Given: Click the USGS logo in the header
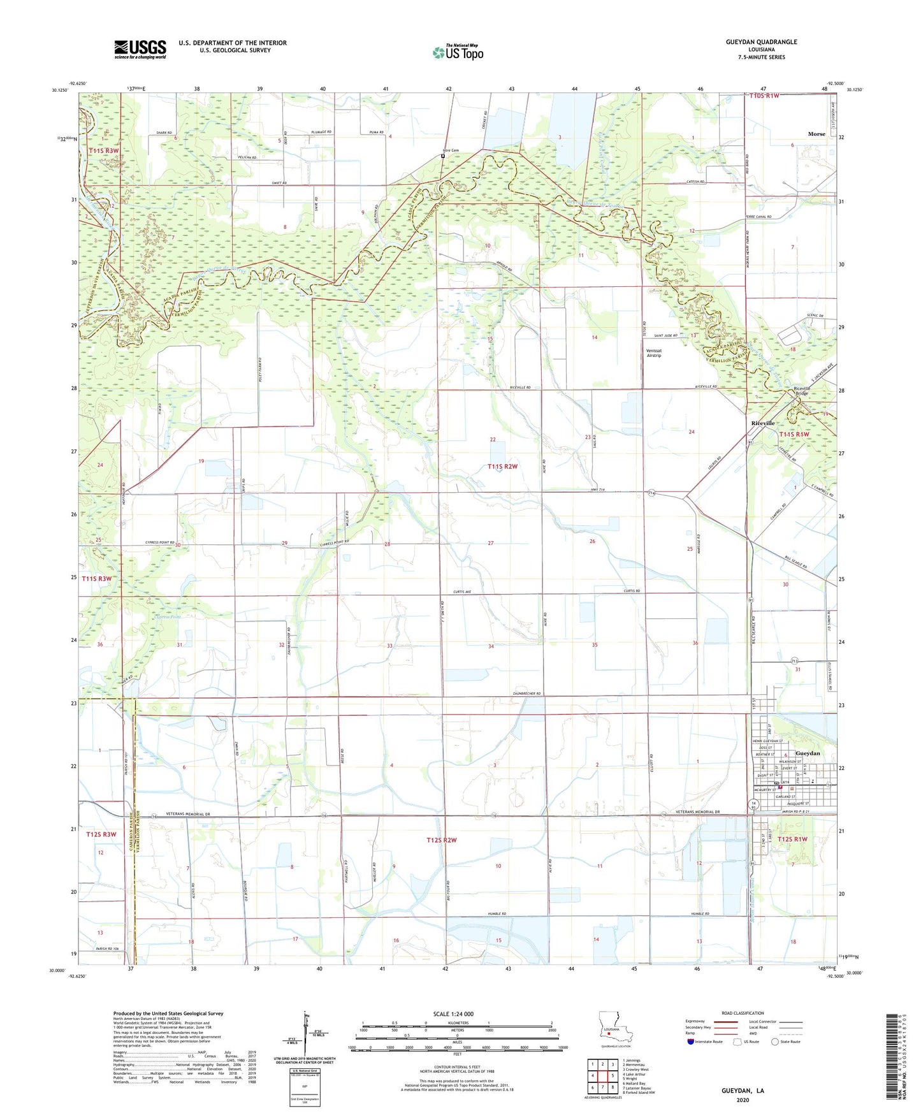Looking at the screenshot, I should point(140,49).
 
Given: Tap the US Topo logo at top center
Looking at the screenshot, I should point(458,52).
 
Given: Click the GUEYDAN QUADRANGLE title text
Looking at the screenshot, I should point(761,42).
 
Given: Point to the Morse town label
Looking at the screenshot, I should point(816,134).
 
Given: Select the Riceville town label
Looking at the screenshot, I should point(763,423).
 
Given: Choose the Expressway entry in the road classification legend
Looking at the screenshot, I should point(696,1021).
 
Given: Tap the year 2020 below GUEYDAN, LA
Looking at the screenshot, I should point(743,1100).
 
